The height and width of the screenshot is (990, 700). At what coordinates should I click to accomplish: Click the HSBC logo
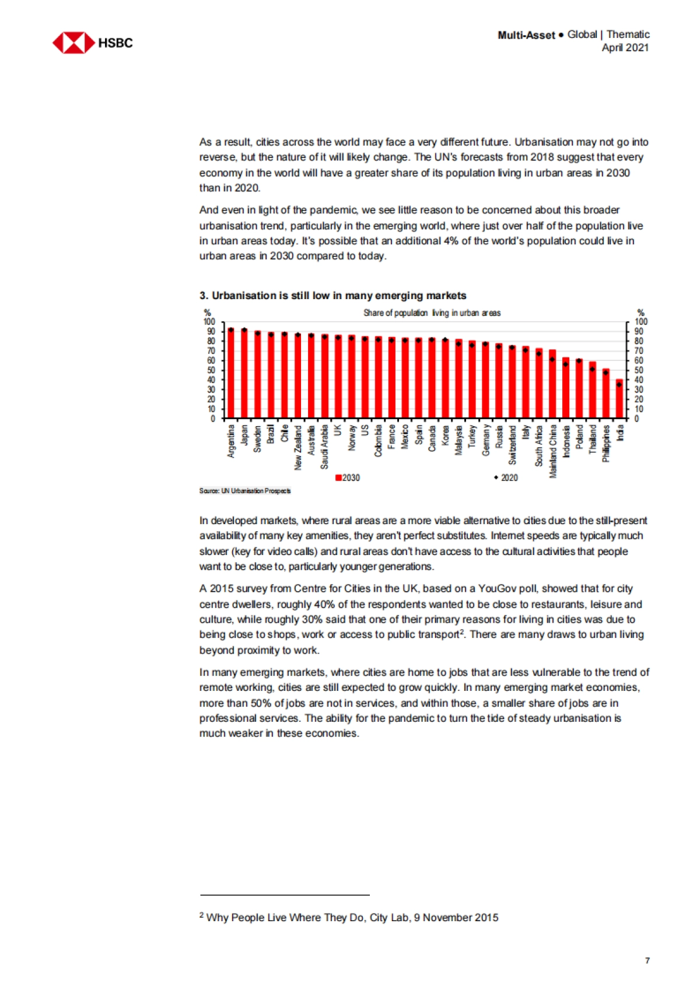click(x=92, y=43)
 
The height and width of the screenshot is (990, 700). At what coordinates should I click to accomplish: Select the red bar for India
click(x=619, y=399)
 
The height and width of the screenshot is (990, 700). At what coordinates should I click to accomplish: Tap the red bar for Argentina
click(x=231, y=373)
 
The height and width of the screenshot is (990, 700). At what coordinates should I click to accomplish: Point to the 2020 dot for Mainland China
click(x=552, y=360)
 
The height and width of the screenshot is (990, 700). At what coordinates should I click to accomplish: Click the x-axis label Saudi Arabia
click(x=325, y=447)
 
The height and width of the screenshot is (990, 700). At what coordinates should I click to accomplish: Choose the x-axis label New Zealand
click(x=298, y=447)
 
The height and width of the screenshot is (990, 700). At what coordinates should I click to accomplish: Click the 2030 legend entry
click(x=348, y=478)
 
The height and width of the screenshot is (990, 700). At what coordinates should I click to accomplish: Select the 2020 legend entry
click(x=506, y=478)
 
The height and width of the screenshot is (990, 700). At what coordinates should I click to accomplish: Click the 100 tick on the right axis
click(x=640, y=322)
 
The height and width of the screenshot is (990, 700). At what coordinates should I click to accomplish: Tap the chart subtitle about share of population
click(x=432, y=313)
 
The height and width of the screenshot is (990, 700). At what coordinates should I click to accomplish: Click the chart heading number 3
click(x=204, y=296)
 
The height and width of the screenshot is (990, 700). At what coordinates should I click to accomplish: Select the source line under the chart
click(x=245, y=491)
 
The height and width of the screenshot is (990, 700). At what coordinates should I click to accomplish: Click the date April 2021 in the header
click(x=625, y=48)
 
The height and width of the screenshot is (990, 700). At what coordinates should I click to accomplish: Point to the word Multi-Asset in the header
click(x=526, y=35)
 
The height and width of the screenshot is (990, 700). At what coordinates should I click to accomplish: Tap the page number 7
click(x=647, y=960)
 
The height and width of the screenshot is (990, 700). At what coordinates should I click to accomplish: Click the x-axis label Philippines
click(x=606, y=444)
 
